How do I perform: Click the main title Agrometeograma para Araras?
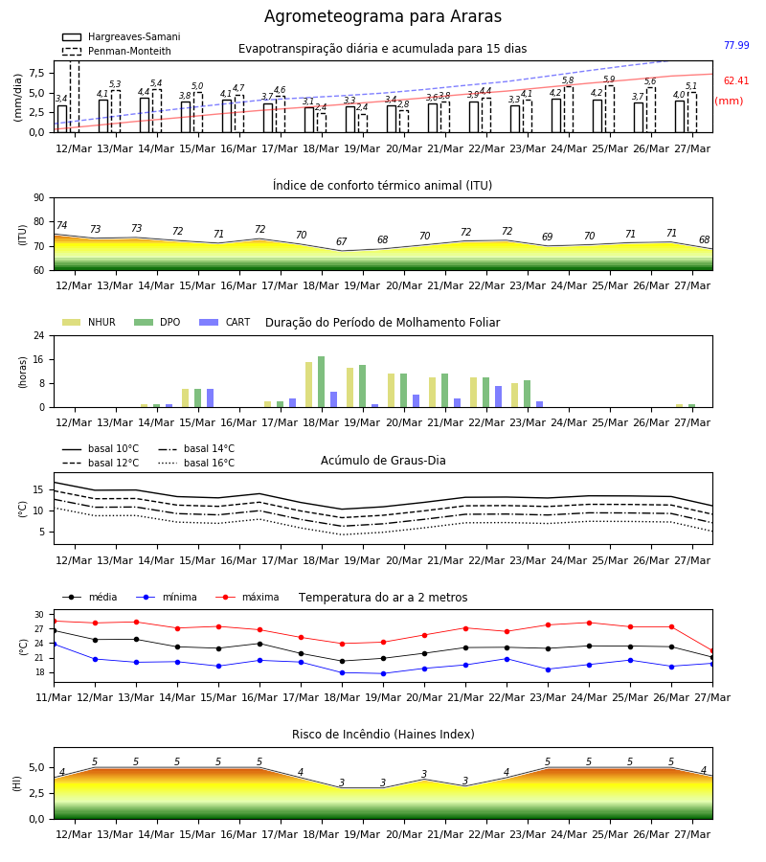[382, 16]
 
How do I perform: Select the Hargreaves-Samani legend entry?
[122, 36]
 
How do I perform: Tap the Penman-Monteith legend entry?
[117, 51]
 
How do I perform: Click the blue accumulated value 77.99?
[736, 45]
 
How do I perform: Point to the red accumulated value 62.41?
[736, 80]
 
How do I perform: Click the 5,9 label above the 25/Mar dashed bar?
[609, 79]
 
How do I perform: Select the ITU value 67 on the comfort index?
[342, 242]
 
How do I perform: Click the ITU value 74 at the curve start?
[61, 225]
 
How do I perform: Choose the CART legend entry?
[225, 322]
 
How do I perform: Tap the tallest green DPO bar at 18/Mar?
[322, 382]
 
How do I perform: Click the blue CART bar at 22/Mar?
[499, 397]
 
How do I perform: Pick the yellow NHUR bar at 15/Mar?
[185, 398]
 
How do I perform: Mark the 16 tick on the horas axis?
[38, 359]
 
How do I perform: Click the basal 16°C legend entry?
[196, 463]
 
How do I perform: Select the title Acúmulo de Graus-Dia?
[383, 461]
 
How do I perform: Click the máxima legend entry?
[247, 597]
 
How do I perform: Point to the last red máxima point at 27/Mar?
[712, 651]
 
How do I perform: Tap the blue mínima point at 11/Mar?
[54, 644]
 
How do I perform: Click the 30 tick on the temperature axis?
[39, 615]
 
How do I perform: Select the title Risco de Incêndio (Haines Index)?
[383, 735]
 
